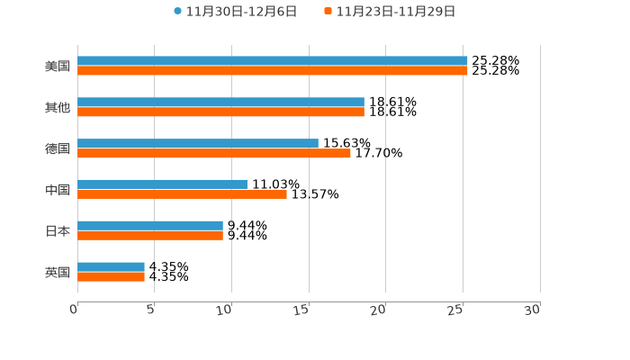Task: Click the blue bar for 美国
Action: (272, 61)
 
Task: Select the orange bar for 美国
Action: (272, 71)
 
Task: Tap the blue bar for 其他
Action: (220, 103)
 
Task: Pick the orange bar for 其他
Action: (220, 112)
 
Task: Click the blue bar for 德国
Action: (198, 144)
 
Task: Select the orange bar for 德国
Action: (214, 154)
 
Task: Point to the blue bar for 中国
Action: (162, 184)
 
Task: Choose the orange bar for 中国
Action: (182, 194)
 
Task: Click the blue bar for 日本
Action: (150, 226)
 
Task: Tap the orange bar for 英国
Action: (111, 277)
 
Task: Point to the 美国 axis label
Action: (58, 66)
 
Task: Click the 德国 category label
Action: (58, 148)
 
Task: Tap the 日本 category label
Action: (58, 230)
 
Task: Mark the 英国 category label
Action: (58, 272)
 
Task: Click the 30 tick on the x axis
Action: (533, 310)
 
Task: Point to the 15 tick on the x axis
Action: (301, 310)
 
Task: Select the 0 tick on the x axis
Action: (74, 310)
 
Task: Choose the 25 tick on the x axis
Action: (455, 310)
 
